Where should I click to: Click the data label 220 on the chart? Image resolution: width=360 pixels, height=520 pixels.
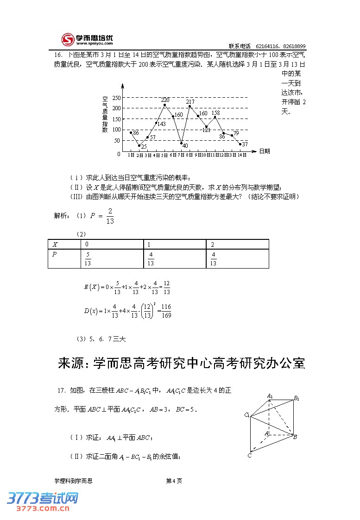point(165,100)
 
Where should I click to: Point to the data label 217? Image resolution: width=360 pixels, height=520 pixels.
point(190,101)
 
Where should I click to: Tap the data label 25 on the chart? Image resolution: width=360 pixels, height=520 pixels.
point(144,147)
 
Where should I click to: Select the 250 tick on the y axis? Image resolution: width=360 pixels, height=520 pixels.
point(116,98)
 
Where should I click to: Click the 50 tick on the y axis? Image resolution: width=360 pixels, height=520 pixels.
point(117,141)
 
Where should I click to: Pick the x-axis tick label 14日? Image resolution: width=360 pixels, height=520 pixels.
point(242,155)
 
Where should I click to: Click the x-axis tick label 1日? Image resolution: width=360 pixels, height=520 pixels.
point(131,155)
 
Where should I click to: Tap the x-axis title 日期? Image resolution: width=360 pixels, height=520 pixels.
point(265,151)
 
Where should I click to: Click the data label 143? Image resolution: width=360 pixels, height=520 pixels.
point(161,124)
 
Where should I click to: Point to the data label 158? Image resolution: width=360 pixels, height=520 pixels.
point(215,113)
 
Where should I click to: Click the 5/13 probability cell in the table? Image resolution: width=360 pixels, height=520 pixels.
point(88,259)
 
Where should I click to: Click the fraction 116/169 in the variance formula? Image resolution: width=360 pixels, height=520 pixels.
point(167,311)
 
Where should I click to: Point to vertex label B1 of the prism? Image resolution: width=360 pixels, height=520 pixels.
point(297,398)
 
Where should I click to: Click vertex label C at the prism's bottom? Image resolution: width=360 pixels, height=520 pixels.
point(249,456)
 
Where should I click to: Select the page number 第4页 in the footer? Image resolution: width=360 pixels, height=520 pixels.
point(174,481)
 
